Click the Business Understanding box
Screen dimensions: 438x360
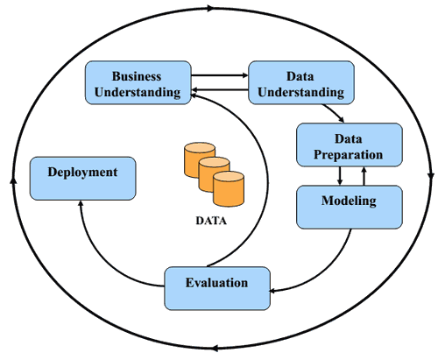138,82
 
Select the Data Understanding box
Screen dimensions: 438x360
301,82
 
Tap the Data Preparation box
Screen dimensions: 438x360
350,145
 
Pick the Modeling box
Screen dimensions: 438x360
350,207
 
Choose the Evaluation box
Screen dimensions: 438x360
217,288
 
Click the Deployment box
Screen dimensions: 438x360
83,179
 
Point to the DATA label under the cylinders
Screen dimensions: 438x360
211,221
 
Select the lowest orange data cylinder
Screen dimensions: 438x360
229,189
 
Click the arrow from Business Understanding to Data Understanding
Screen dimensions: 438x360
220,75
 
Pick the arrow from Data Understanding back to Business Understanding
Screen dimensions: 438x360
220,89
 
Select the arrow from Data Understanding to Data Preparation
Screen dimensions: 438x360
334,112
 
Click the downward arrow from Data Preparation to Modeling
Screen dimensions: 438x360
340,176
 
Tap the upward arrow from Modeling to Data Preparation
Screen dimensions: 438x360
364,176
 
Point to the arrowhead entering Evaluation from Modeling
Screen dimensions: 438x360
272,291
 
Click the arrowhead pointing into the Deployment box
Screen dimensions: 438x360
81,202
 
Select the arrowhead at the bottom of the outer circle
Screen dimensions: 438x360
215,348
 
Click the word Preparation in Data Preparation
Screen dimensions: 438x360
349,155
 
